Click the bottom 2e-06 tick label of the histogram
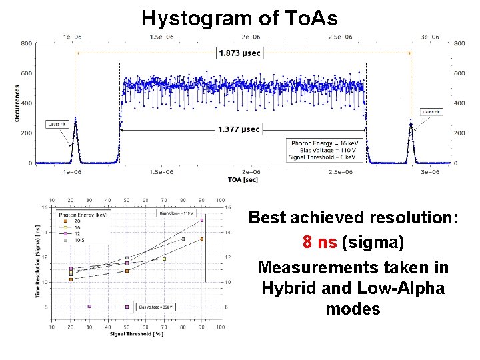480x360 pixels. tap(251, 172)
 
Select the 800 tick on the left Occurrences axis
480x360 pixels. tap(26, 43)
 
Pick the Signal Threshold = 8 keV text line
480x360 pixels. tap(323, 157)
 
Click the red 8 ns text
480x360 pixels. tap(319, 242)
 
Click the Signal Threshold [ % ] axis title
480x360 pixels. tap(137, 334)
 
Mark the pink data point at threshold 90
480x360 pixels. tap(202, 220)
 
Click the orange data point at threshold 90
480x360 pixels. tap(202, 239)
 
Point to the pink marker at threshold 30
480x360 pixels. tap(89, 307)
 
